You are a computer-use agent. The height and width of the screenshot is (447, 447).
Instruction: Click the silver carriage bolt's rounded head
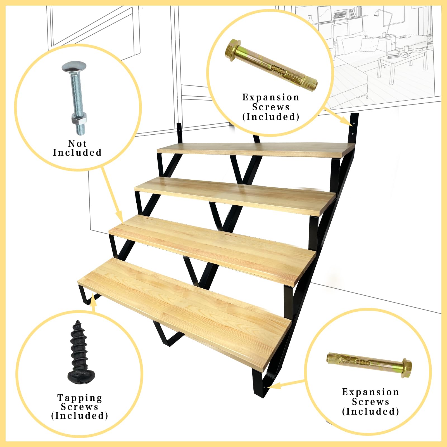point(74,67)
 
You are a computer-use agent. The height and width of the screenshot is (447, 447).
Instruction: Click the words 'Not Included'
point(77,148)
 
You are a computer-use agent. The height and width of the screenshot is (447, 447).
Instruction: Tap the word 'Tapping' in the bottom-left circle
point(80,398)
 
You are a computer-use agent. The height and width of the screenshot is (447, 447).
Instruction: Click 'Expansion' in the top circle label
point(271,97)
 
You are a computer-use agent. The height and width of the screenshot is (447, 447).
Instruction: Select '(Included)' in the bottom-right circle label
point(370,412)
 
